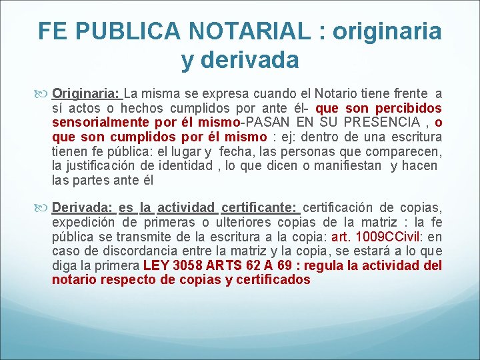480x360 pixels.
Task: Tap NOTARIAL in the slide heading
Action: tap(252, 31)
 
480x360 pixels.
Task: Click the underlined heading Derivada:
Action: tap(82, 207)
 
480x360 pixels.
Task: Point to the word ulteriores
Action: tap(242, 221)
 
